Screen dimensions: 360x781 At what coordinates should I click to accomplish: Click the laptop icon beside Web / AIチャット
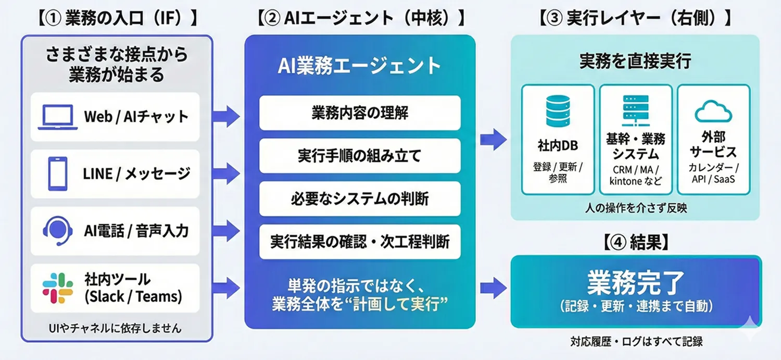click(x=57, y=117)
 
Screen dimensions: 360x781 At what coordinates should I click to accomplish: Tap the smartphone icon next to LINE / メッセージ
click(x=57, y=173)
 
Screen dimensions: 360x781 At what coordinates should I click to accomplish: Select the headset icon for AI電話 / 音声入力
click(x=57, y=231)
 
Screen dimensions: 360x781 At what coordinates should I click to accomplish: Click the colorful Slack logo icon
click(x=57, y=288)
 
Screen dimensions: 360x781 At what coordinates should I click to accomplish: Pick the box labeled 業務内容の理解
click(x=360, y=113)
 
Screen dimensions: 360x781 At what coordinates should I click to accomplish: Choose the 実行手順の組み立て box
click(x=360, y=156)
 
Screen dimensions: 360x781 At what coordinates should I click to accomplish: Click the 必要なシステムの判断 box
click(x=360, y=198)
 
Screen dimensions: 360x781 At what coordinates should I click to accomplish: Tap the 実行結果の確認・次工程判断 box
click(x=360, y=242)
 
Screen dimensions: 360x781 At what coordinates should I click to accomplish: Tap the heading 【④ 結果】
click(x=635, y=242)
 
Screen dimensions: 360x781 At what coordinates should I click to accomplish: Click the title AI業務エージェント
click(x=360, y=66)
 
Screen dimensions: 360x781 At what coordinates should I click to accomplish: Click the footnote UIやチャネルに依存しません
click(x=115, y=328)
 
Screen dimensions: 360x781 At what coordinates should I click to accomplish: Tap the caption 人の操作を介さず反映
click(x=635, y=208)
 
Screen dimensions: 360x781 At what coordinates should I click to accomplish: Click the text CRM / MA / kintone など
click(x=635, y=176)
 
